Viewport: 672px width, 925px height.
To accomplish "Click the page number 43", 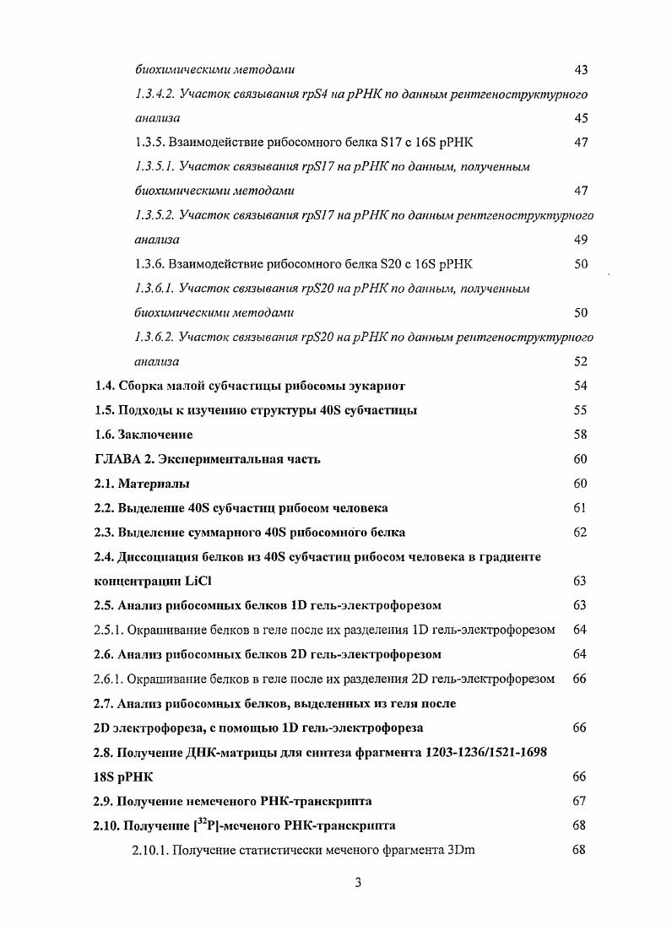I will [x=580, y=69].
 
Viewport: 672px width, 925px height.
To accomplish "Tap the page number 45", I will [x=580, y=118].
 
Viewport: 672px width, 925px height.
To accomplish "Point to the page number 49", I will [x=580, y=240].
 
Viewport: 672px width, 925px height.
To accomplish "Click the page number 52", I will [x=580, y=362].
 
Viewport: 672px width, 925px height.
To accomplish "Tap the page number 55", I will [x=580, y=410].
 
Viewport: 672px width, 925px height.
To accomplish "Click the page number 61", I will [x=580, y=508].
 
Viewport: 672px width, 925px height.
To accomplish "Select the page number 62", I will [x=580, y=533].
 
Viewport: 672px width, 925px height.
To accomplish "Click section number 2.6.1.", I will [x=108, y=679].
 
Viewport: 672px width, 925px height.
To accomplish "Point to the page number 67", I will [x=580, y=801].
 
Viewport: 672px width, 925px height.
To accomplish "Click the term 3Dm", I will [x=460, y=850].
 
